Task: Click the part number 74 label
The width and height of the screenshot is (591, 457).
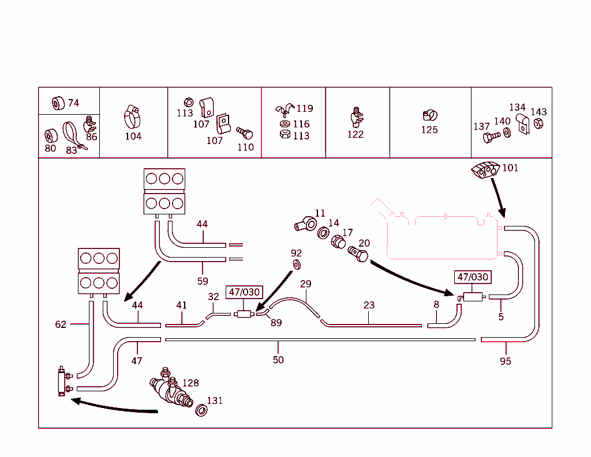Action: [x=73, y=103]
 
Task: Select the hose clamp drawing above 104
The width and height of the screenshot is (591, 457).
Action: [x=133, y=117]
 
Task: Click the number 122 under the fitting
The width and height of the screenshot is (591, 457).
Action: [x=356, y=134]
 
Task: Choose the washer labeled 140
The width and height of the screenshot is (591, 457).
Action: [x=507, y=133]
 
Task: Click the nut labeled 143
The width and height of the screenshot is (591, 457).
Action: [x=538, y=124]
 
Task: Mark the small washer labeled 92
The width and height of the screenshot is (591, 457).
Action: [x=297, y=265]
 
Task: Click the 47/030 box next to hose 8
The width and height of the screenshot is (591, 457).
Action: [x=473, y=277]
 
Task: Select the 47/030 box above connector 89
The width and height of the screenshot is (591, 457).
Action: [x=244, y=292]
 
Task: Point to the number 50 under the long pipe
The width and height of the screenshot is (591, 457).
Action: [x=278, y=360]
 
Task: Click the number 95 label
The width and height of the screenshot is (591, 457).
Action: [x=506, y=361]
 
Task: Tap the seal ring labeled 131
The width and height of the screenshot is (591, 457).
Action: [x=202, y=410]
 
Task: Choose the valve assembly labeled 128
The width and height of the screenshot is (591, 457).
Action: [x=169, y=390]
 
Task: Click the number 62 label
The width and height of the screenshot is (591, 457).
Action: [x=61, y=324]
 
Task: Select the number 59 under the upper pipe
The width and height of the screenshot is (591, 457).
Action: [x=203, y=282]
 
